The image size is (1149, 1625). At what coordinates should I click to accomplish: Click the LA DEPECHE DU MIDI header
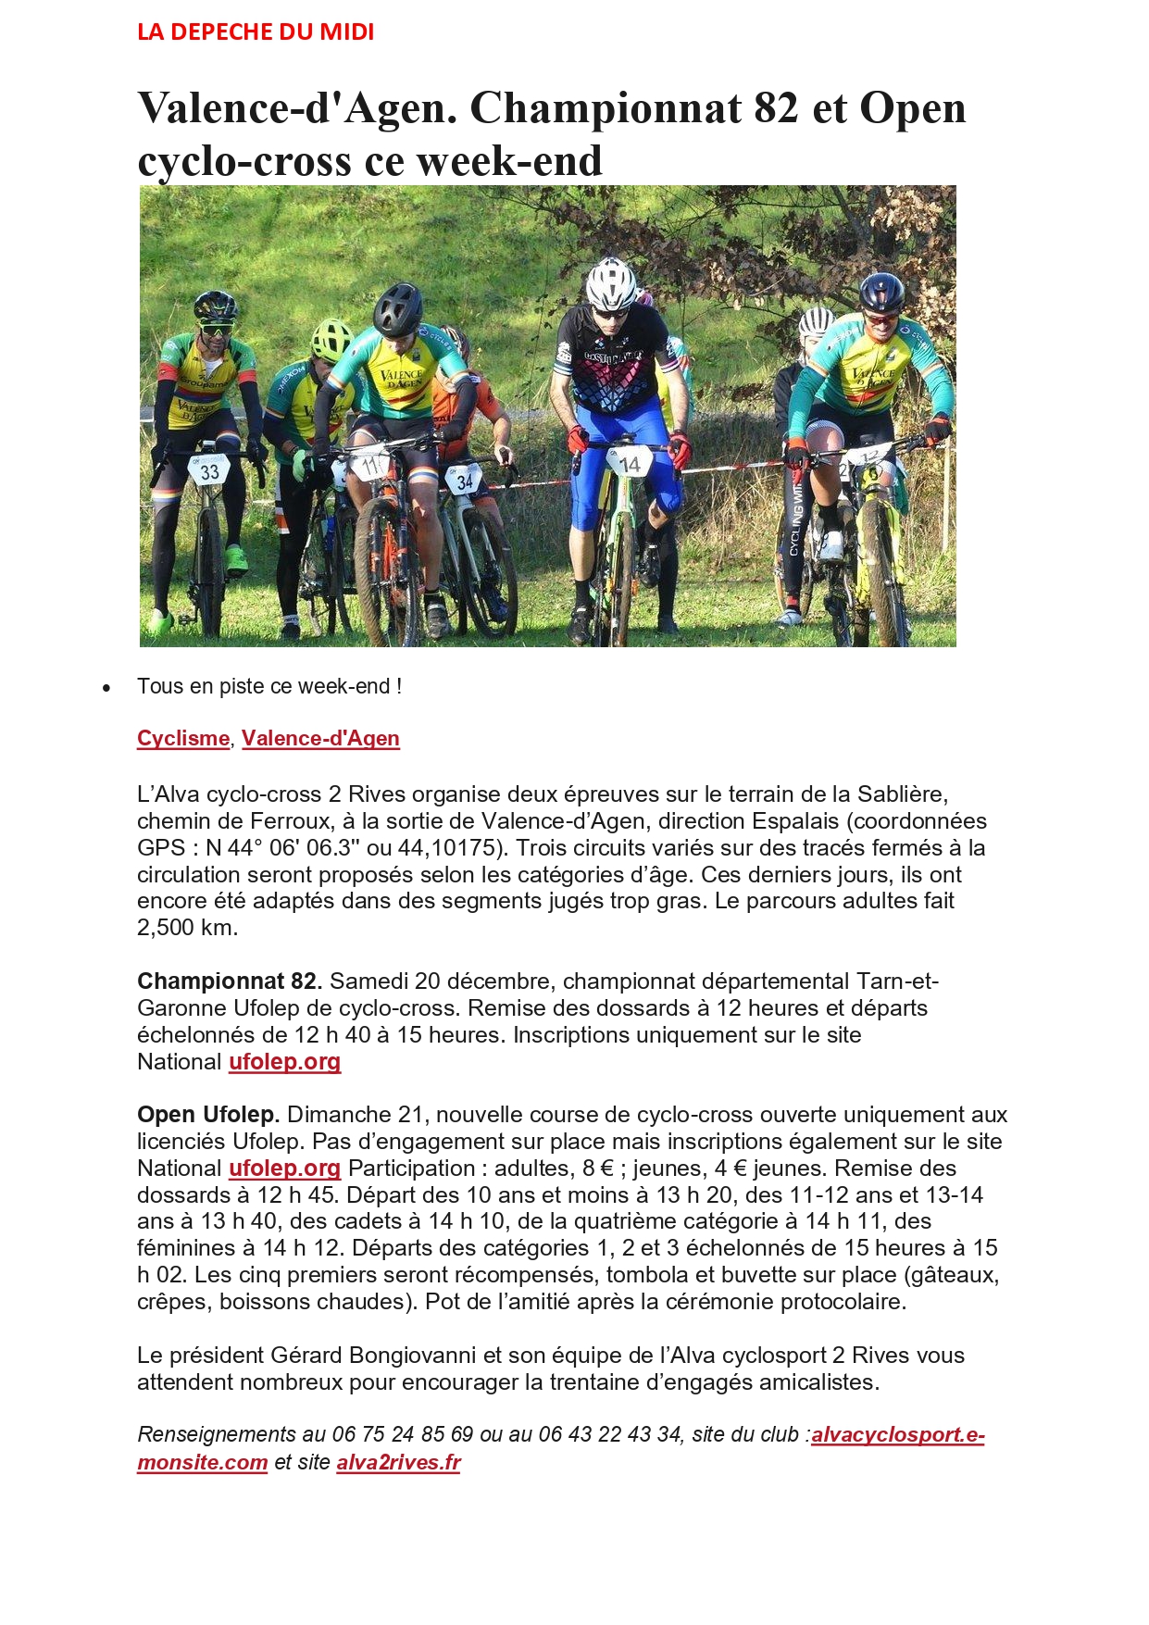[256, 32]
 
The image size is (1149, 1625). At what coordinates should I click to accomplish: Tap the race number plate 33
[209, 471]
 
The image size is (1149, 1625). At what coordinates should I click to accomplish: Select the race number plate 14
[629, 463]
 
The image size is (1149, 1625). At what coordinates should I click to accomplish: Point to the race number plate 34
[464, 480]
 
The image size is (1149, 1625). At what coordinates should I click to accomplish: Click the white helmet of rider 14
[610, 284]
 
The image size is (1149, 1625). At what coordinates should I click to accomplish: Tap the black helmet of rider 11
[398, 308]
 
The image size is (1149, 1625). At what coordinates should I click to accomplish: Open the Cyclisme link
[183, 739]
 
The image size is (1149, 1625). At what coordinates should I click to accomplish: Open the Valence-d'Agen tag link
[320, 739]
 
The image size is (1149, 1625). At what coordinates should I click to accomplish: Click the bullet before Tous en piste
[107, 688]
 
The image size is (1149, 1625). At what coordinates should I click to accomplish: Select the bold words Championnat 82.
[229, 981]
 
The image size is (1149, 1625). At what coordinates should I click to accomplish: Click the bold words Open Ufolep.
[207, 1115]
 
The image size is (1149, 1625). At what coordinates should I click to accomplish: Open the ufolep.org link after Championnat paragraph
[284, 1062]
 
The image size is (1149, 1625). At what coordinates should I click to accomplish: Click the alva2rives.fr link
[398, 1463]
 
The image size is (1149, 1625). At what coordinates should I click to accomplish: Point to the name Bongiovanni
[412, 1356]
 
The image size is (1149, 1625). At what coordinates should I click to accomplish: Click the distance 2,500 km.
[187, 928]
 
